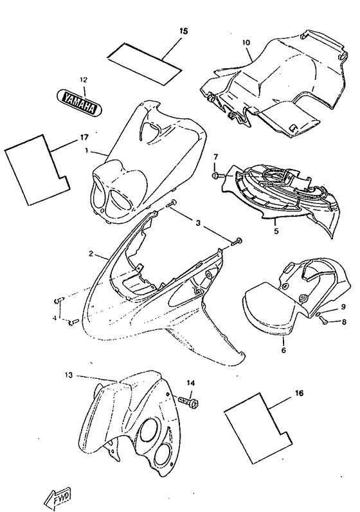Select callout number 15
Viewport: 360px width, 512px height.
(184, 31)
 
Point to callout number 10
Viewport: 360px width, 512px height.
(246, 42)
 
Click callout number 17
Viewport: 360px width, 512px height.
(84, 138)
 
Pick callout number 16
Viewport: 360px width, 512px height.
(299, 393)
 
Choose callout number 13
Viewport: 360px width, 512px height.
(69, 376)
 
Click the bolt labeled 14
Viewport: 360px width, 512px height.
(188, 400)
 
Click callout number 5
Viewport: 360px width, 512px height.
(276, 231)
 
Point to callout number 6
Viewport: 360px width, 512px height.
(283, 350)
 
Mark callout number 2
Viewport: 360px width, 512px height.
(91, 253)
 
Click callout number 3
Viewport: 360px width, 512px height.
(198, 223)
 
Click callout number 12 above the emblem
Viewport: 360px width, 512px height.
(83, 80)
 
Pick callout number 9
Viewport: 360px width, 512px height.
(343, 307)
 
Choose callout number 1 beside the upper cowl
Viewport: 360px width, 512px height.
(87, 151)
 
